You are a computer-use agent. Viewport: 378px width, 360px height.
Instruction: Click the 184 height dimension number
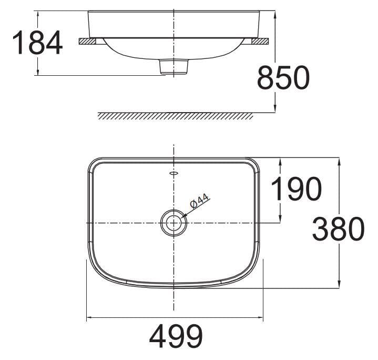pyautogui.click(x=37, y=43)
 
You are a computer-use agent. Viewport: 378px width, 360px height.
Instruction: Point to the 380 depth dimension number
pyautogui.click(x=338, y=229)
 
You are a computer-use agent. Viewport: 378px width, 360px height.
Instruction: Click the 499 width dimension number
pyautogui.click(x=176, y=336)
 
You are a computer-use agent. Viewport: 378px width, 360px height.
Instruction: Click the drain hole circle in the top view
pyautogui.click(x=173, y=223)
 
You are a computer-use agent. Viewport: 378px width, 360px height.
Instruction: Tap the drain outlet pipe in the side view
pyautogui.click(x=173, y=67)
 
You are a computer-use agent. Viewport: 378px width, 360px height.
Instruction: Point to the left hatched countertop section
pyautogui.click(x=87, y=41)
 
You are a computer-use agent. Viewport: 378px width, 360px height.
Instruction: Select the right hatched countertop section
pyautogui.click(x=260, y=41)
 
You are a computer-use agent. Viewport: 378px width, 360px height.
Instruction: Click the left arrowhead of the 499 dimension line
pyautogui.click(x=89, y=317)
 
